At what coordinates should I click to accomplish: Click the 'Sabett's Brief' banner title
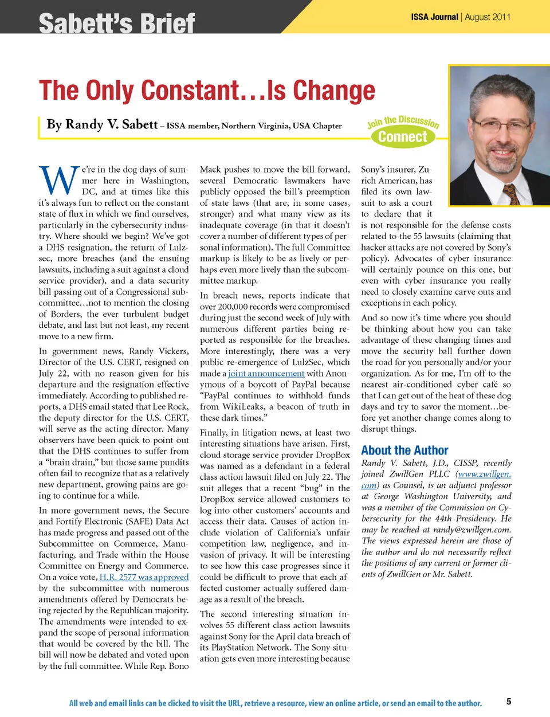(117, 23)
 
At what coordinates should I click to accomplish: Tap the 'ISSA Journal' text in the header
(434, 17)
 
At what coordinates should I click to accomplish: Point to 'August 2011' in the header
(488, 17)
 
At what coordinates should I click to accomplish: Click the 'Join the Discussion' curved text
(403, 121)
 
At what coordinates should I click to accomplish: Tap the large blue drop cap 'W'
(58, 180)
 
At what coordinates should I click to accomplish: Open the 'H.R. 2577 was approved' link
(144, 577)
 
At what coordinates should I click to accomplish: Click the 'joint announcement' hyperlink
(266, 373)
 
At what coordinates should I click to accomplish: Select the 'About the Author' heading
(404, 450)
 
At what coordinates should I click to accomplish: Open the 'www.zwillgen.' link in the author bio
(485, 474)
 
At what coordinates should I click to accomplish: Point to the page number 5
(509, 702)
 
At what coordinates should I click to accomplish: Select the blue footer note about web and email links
(275, 703)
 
